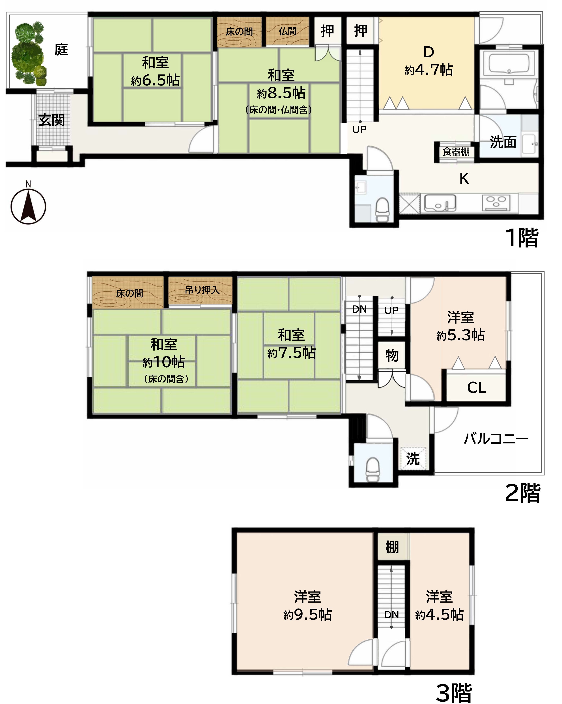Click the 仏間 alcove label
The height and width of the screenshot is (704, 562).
pos(288,31)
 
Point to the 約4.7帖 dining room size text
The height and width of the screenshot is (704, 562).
pos(429,70)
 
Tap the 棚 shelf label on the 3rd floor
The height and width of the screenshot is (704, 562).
pos(392,547)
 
